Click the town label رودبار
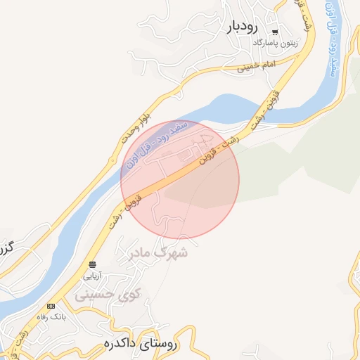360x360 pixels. pos(244,27)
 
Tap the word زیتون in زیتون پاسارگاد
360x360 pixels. pos(289,43)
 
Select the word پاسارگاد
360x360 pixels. pos(266,43)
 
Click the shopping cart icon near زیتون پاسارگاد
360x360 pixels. pos(274,32)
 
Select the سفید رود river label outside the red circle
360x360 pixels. pos(334,49)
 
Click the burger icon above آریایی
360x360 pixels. pos(93,264)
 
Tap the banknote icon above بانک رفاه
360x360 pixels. pos(51,307)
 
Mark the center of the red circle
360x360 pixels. pos(180,180)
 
